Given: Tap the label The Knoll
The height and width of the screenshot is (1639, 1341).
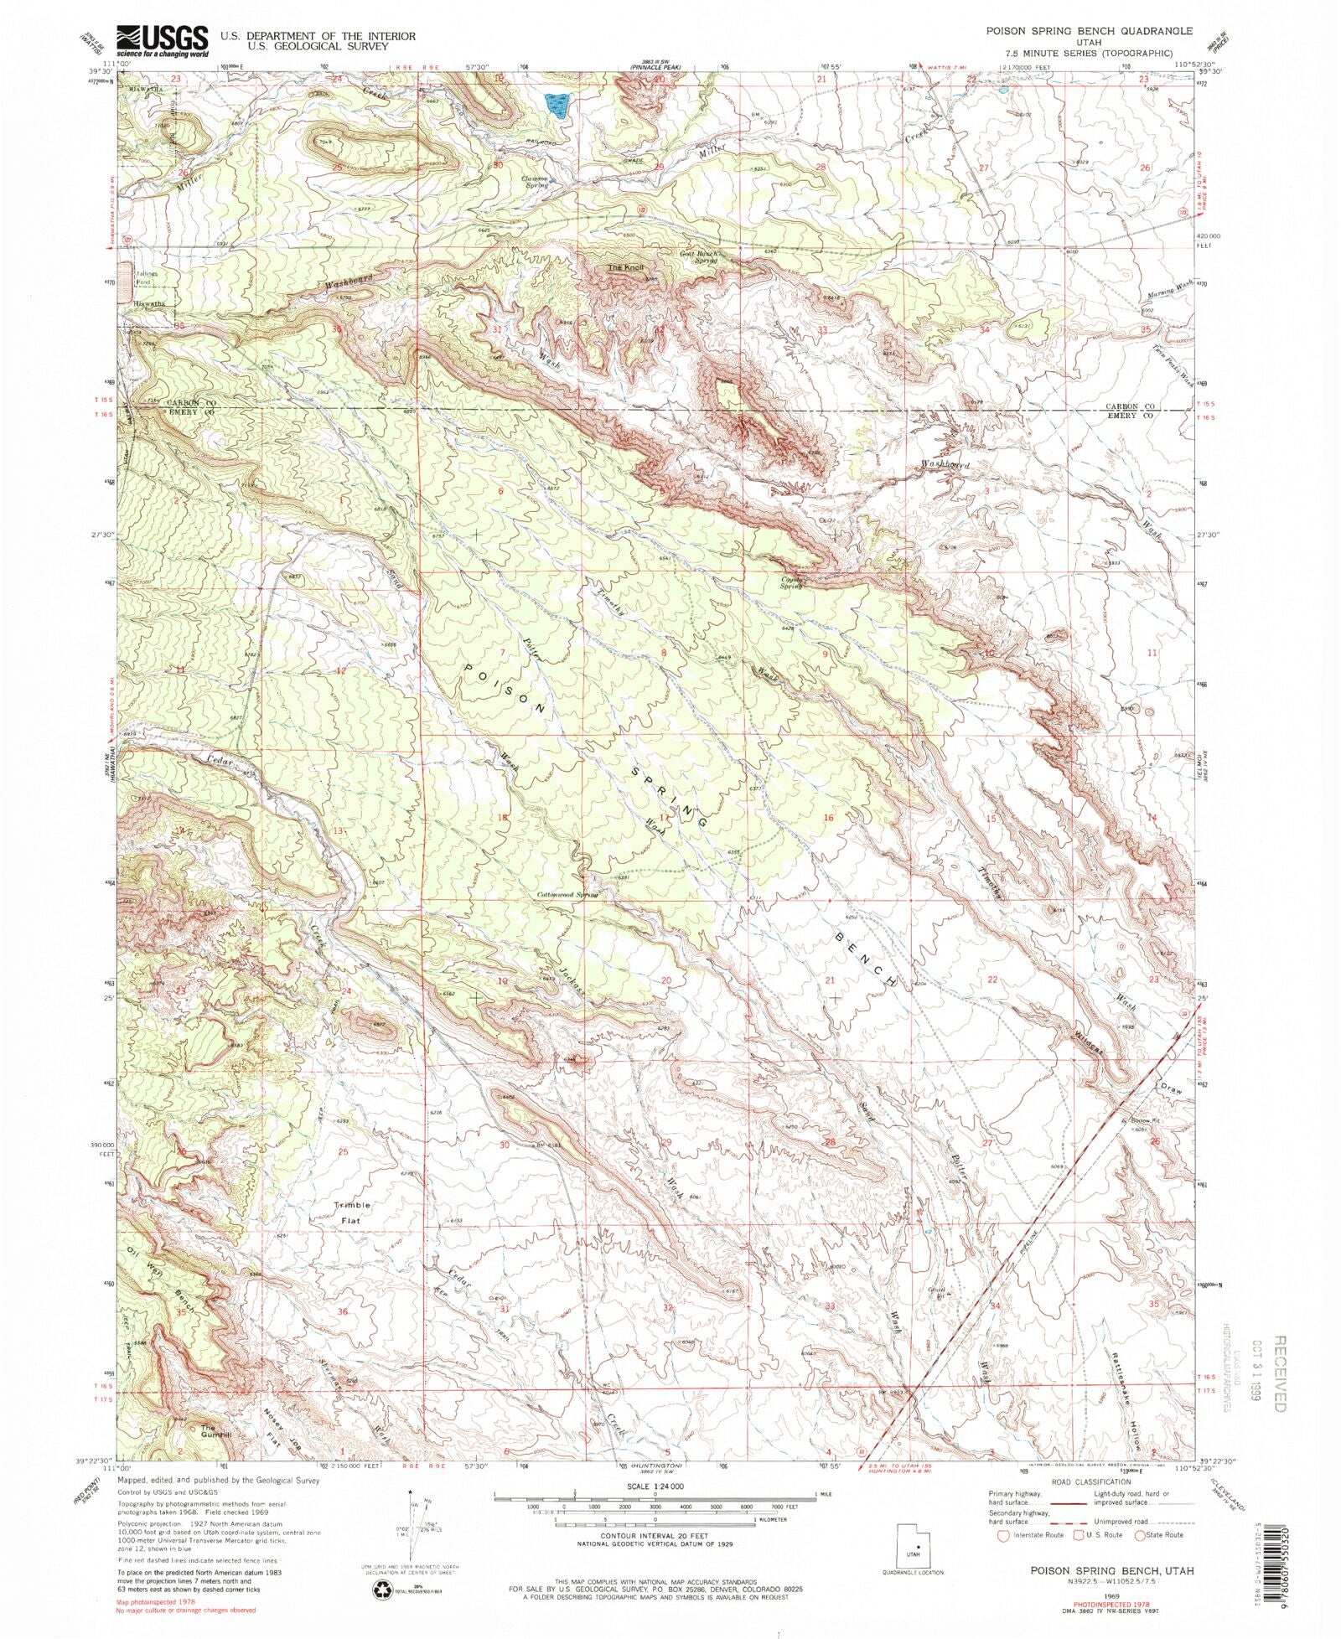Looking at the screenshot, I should click(x=627, y=267).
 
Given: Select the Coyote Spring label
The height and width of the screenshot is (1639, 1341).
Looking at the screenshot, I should click(x=791, y=582).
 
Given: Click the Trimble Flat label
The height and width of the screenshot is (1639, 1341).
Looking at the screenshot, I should click(x=352, y=1213).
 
